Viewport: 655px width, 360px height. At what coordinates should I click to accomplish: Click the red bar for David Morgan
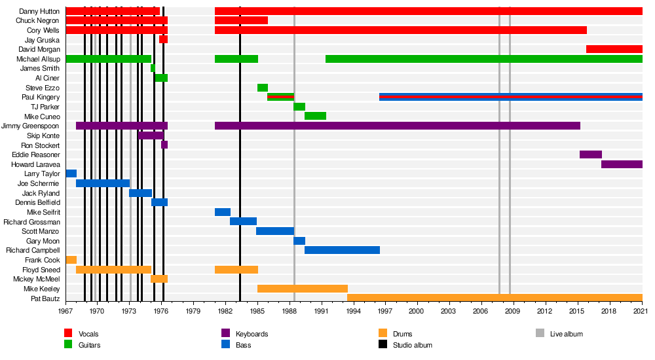pos(614,49)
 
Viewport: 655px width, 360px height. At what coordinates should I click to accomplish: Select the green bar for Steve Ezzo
pos(262,88)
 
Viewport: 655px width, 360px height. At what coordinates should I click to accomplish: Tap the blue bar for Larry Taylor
pos(71,173)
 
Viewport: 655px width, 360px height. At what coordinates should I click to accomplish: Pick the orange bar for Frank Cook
pos(71,260)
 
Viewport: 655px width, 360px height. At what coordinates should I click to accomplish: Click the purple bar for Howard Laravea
pos(622,164)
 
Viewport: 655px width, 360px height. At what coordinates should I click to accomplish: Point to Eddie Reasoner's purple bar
pos(590,154)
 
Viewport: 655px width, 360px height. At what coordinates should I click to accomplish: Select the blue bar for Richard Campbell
pos(342,250)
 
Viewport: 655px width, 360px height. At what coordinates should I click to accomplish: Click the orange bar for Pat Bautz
pos(495,298)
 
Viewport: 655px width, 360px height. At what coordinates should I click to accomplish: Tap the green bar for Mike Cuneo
pos(315,116)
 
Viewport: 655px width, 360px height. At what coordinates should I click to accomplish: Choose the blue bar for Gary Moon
pos(299,241)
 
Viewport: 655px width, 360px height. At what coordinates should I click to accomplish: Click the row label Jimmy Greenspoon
pos(31,126)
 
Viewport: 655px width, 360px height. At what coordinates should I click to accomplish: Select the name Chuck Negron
pos(38,20)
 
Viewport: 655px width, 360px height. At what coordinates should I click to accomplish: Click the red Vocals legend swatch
pos(68,333)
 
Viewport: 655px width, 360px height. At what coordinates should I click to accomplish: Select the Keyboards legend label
pos(252,334)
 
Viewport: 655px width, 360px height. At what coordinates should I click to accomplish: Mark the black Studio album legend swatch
pos(383,344)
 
